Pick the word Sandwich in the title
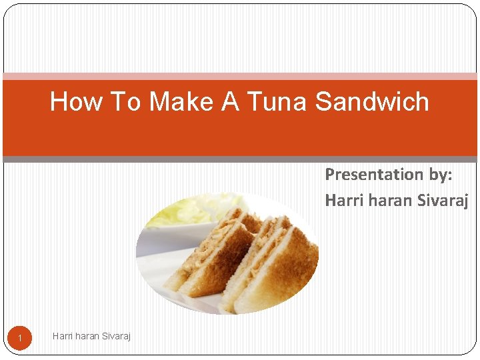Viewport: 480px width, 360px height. point(372,102)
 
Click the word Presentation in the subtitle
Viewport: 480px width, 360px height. point(369,175)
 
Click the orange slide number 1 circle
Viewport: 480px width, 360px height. point(20,339)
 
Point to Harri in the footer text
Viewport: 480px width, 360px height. point(63,336)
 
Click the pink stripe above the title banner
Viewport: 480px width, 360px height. point(240,77)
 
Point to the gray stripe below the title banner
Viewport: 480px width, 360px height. point(240,159)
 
